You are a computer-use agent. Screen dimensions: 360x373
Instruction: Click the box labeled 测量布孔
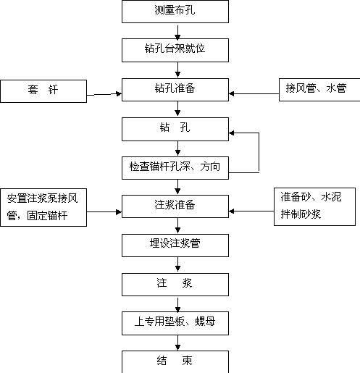(175, 12)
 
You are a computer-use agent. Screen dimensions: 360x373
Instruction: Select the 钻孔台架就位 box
(175, 50)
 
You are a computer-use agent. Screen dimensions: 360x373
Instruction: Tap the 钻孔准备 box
(175, 90)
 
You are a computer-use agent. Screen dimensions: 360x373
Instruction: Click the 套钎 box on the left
(43, 91)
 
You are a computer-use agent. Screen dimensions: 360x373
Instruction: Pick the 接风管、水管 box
(319, 90)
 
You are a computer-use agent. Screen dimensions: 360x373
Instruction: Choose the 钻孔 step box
(175, 129)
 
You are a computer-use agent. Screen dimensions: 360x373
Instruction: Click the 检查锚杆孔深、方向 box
(175, 168)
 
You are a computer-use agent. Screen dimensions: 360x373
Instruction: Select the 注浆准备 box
(175, 206)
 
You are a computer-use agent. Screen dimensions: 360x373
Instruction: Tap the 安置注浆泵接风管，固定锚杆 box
(43, 207)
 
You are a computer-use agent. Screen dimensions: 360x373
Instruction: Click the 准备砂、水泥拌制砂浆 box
(314, 206)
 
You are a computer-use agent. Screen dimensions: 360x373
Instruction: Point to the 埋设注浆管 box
(175, 246)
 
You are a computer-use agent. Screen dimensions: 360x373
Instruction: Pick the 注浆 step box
(175, 285)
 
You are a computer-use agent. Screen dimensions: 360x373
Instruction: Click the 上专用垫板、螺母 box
(175, 323)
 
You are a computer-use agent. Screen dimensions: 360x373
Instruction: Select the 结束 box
(175, 361)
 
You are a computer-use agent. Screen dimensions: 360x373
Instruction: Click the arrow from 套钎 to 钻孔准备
(104, 94)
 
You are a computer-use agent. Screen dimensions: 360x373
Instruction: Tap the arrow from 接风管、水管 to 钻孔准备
(254, 93)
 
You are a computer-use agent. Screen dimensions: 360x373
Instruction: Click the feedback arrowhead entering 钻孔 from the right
(231, 133)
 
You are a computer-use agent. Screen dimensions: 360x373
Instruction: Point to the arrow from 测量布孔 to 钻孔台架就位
(177, 32)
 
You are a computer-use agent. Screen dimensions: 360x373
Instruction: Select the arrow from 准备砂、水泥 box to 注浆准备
(251, 211)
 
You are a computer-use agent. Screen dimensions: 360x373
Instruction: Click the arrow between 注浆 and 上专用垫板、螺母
(177, 305)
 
